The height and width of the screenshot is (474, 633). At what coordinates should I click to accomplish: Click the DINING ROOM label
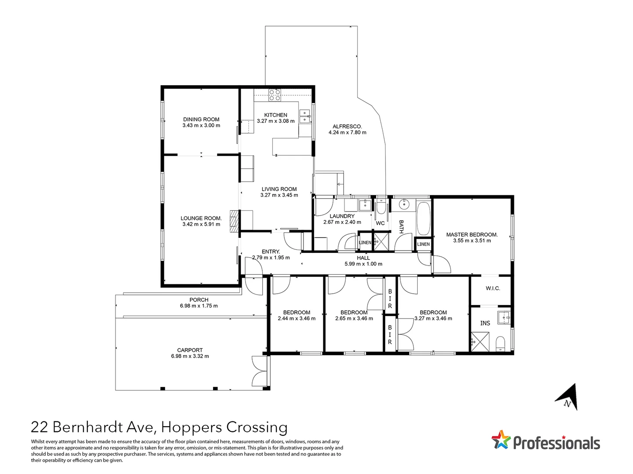(201, 119)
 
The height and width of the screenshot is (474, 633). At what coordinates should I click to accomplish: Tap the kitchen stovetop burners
(275, 95)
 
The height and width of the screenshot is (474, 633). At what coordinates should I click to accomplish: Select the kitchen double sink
(304, 116)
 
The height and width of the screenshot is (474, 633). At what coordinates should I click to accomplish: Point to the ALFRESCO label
(347, 126)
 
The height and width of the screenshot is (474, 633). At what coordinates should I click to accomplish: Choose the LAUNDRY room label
(342, 216)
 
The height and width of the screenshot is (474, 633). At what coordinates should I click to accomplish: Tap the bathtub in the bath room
(423, 218)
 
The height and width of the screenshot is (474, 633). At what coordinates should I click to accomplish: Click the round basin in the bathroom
(404, 204)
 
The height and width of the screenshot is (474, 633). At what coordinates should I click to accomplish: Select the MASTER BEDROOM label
(472, 235)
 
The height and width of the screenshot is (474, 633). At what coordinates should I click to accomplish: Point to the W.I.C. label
(492, 288)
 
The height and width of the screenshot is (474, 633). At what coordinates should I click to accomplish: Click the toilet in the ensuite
(501, 344)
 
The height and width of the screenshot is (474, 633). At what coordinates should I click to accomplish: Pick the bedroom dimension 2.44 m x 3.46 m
(297, 319)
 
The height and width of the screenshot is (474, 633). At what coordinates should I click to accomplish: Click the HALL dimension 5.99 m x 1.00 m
(363, 264)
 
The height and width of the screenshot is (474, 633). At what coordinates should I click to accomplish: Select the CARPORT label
(190, 350)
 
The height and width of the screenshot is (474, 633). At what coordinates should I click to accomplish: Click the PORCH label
(199, 300)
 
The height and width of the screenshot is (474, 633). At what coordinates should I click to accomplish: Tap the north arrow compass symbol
(568, 397)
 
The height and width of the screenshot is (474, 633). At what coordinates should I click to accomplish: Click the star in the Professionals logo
(501, 440)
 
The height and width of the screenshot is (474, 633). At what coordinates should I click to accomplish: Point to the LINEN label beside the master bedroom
(423, 244)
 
